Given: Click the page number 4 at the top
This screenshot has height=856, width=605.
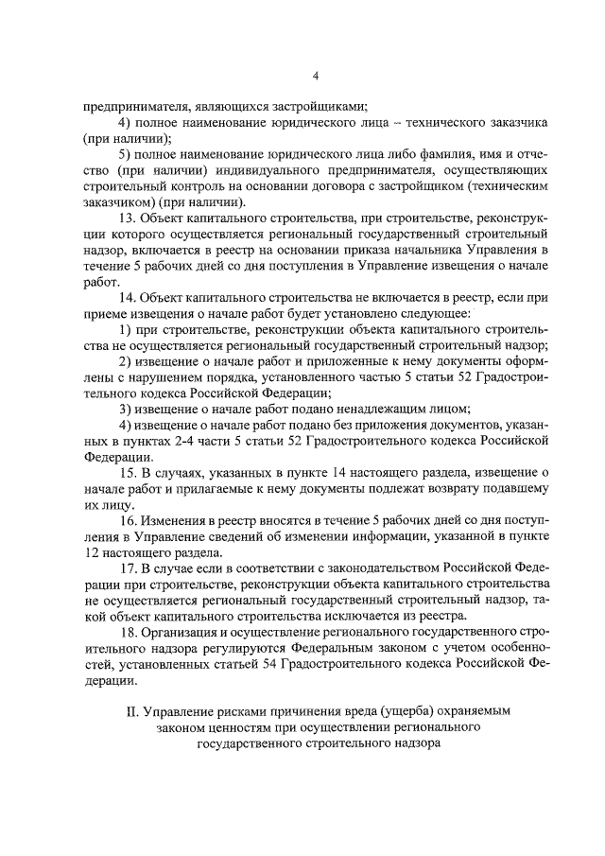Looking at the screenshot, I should coord(316,76).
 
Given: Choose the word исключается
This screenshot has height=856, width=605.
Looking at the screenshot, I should coord(348,616).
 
